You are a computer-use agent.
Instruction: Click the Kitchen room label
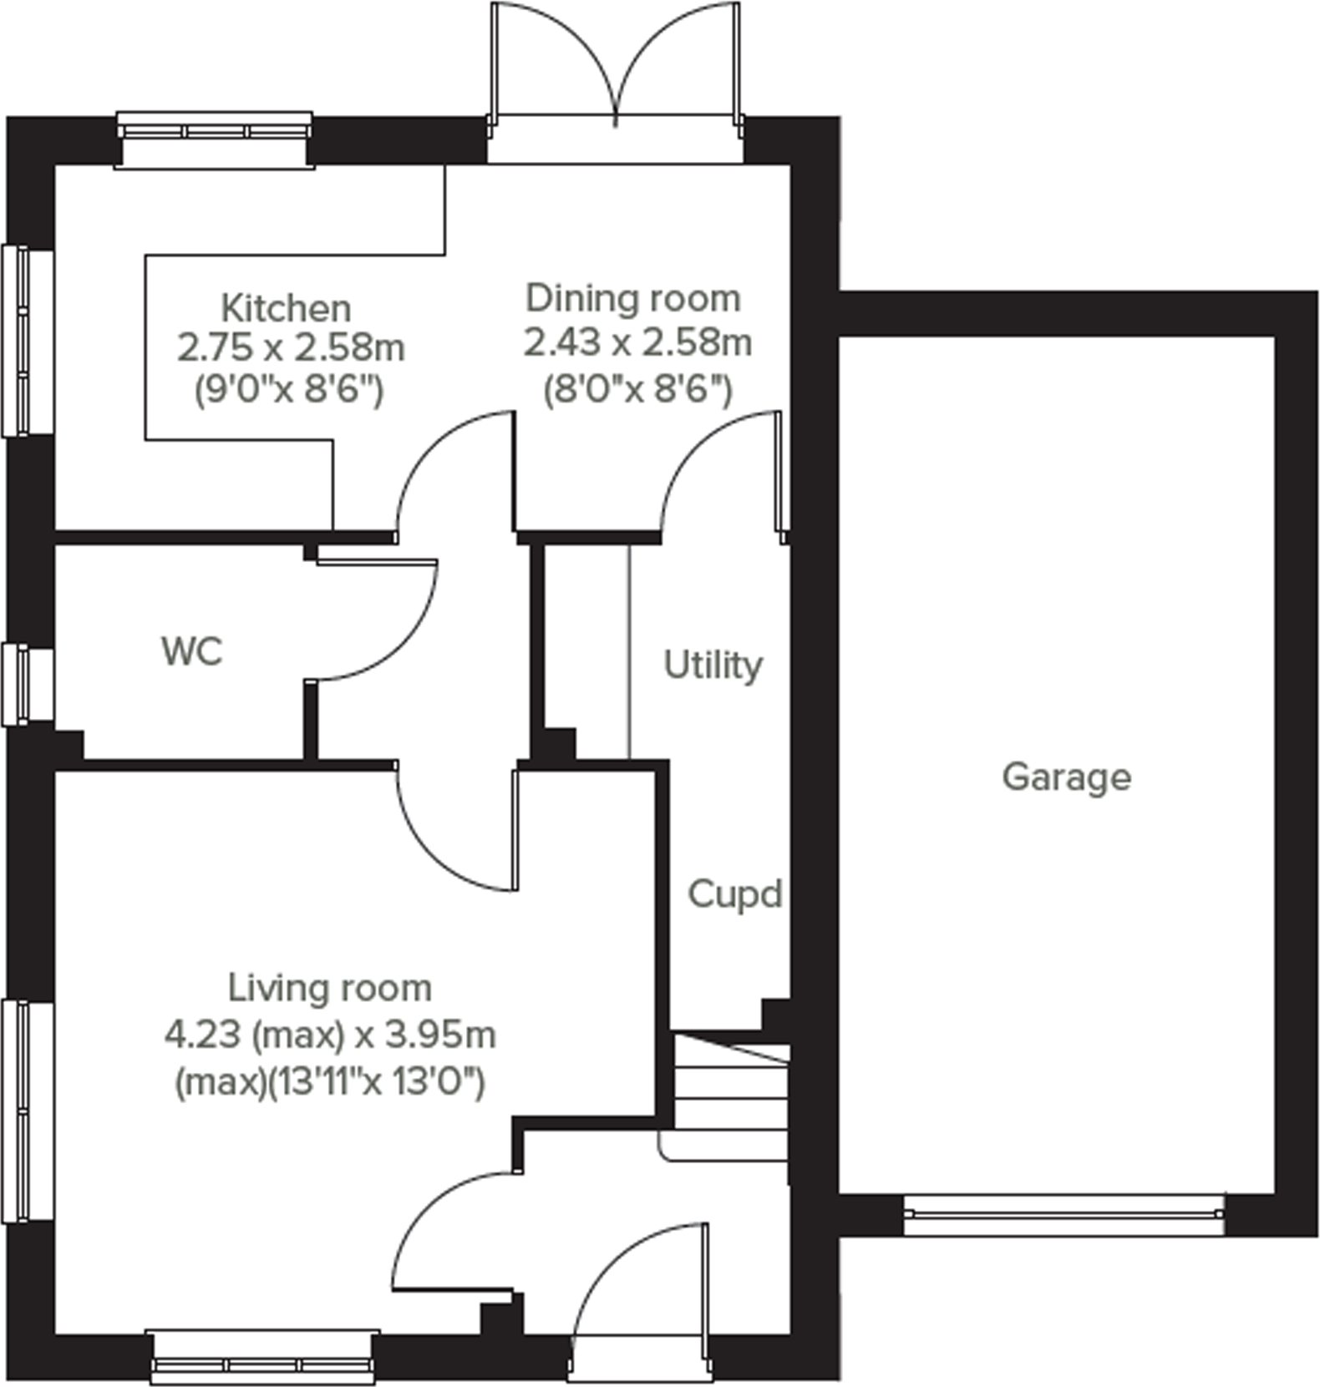click(x=286, y=308)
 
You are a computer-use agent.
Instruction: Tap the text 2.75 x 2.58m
click(x=291, y=348)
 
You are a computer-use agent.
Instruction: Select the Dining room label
click(x=632, y=298)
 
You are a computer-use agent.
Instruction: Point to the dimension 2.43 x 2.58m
click(x=637, y=342)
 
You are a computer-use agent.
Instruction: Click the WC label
click(x=192, y=651)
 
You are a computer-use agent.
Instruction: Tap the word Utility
click(x=713, y=666)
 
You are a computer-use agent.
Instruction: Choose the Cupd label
click(x=734, y=894)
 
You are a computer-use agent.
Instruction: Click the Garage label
click(x=1066, y=777)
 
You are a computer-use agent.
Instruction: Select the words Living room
click(x=330, y=988)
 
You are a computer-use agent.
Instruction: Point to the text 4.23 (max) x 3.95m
click(x=330, y=1035)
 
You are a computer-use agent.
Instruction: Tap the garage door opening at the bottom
click(x=1064, y=1215)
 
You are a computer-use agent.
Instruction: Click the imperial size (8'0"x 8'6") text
click(x=637, y=389)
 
